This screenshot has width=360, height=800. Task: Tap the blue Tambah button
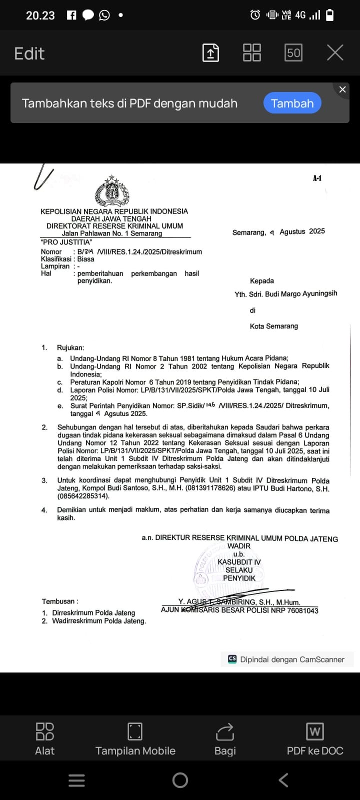pyautogui.click(x=292, y=103)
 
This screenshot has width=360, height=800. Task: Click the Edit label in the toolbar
pyautogui.click(x=29, y=53)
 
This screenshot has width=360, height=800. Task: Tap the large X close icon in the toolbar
pyautogui.click(x=335, y=52)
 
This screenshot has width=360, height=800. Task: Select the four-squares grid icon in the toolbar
pyautogui.click(x=251, y=52)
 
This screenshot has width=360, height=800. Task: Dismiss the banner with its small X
pyautogui.click(x=342, y=89)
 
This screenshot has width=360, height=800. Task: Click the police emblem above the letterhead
pyautogui.click(x=112, y=191)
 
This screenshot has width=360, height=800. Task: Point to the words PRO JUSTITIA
pyautogui.click(x=66, y=242)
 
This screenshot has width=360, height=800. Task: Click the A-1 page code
pyautogui.click(x=317, y=178)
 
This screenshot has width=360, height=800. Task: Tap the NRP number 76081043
pyautogui.click(x=303, y=610)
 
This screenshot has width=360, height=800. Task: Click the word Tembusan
pyautogui.click(x=59, y=601)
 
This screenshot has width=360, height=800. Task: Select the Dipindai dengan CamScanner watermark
pyautogui.click(x=287, y=659)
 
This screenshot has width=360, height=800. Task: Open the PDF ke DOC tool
pyautogui.click(x=315, y=739)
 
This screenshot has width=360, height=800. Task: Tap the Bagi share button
pyautogui.click(x=225, y=739)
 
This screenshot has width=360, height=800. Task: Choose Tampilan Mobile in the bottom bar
pyautogui.click(x=135, y=739)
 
